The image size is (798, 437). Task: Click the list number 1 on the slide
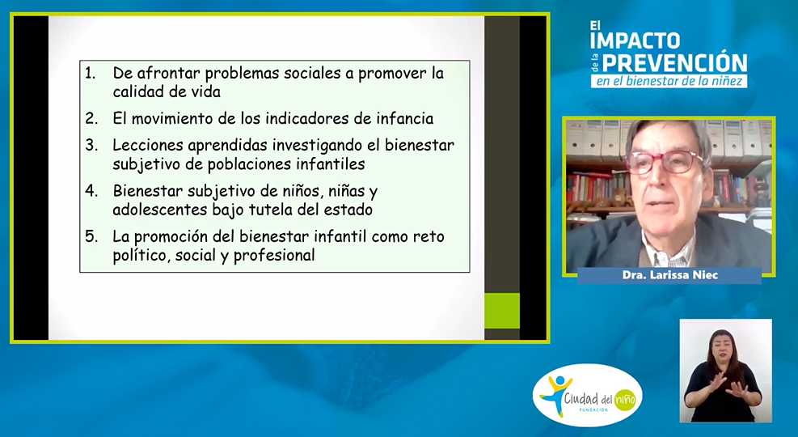90,74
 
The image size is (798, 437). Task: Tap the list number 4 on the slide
91,191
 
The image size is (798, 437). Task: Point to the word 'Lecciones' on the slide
148,146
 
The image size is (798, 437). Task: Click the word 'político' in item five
141,255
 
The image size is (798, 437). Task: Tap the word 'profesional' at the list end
274,255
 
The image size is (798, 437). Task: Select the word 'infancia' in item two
404,119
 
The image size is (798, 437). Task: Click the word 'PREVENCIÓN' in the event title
674,62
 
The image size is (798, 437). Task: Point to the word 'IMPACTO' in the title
635,40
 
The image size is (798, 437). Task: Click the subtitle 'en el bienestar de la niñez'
669,81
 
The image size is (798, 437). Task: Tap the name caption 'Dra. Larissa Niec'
669,275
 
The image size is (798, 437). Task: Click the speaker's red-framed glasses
664,163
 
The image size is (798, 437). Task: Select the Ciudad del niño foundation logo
587,395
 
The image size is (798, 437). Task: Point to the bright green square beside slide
502,311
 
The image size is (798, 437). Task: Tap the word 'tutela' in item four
271,210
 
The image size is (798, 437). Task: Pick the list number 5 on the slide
91,237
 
